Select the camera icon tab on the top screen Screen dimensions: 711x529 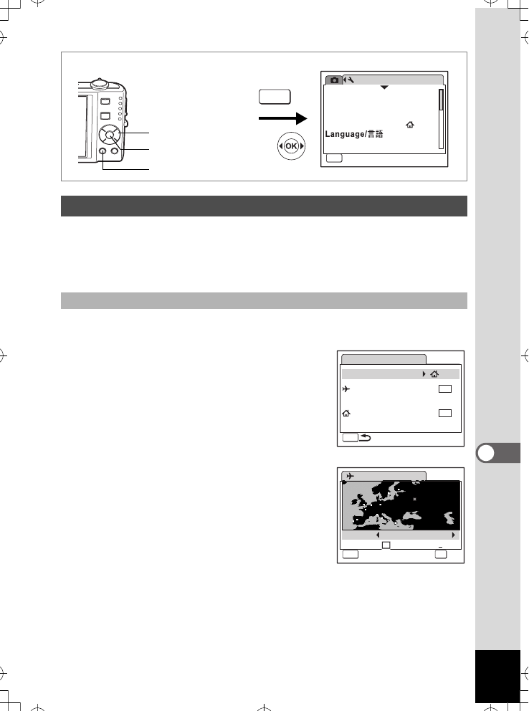pyautogui.click(x=333, y=80)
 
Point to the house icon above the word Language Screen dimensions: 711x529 pyautogui.click(x=410, y=125)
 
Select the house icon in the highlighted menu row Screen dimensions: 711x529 pyautogui.click(x=435, y=374)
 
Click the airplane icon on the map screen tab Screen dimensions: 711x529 pyautogui.click(x=350, y=476)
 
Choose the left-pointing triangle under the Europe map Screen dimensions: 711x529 pyautogui.click(x=377, y=535)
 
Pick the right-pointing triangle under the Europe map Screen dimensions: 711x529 pyautogui.click(x=453, y=535)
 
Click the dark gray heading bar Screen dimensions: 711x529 pyautogui.click(x=264, y=206)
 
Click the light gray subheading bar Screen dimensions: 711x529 pyautogui.click(x=264, y=300)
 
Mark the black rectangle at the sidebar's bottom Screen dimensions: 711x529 pyautogui.click(x=497, y=677)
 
